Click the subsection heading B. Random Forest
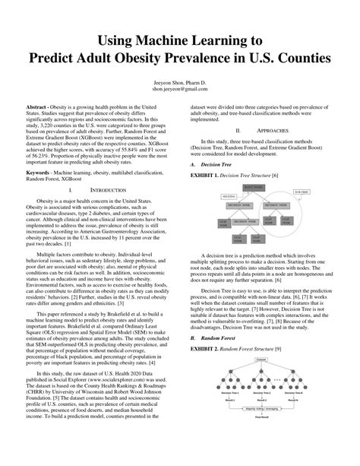pyautogui.click(x=219, y=336)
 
